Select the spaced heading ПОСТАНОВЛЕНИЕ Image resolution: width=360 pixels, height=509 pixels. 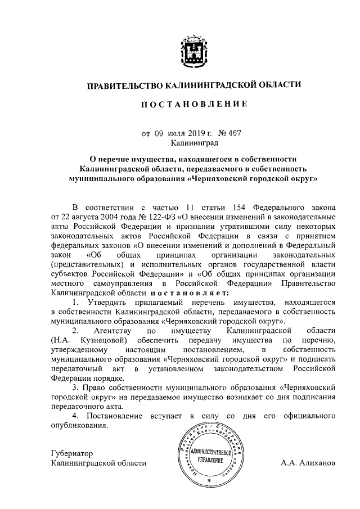193,105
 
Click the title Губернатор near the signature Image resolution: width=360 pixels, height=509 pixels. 71,453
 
